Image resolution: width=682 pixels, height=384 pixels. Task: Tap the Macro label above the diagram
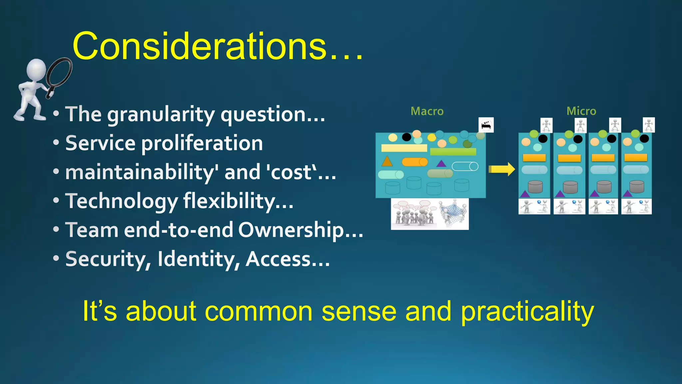pos(427,111)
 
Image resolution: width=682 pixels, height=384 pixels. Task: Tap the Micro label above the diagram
pos(581,111)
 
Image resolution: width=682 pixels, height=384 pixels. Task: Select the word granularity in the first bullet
pos(161,115)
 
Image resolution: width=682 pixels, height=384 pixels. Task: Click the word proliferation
pos(202,143)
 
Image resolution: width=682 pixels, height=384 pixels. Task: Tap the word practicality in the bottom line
pos(527,311)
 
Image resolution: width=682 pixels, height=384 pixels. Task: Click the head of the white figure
pos(36,69)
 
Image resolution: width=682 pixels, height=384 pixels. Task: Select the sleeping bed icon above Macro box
pos(486,125)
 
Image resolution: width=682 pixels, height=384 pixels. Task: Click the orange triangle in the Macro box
pos(387,161)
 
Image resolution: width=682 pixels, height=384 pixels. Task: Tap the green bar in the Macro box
pos(453,152)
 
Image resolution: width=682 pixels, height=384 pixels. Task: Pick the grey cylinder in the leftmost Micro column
pos(535,187)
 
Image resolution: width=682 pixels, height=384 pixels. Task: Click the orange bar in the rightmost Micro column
pos(636,157)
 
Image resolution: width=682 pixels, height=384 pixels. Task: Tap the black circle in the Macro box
pos(406,137)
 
